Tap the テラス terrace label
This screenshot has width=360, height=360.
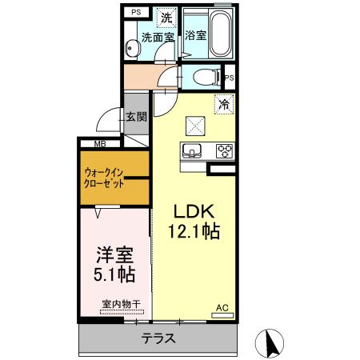(x=158, y=338)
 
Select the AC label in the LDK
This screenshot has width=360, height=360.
(x=223, y=306)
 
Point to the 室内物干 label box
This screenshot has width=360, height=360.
(x=121, y=304)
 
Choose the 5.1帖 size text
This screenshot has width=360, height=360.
(x=113, y=274)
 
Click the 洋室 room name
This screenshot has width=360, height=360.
(x=113, y=254)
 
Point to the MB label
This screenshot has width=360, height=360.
(x=100, y=144)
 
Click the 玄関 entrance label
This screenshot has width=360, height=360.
(x=136, y=116)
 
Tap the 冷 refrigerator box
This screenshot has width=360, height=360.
(x=225, y=102)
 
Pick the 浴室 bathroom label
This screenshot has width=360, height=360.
(x=195, y=36)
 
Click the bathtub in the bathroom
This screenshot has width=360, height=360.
(x=220, y=34)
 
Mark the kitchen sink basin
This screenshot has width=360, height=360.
(x=193, y=150)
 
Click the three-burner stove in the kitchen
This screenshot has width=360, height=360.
(x=223, y=150)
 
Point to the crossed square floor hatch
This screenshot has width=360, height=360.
(x=195, y=125)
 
